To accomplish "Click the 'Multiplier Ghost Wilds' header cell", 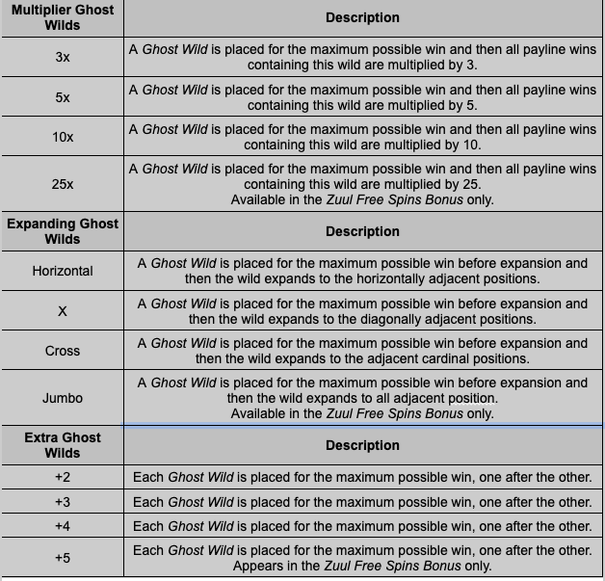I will tap(63, 17).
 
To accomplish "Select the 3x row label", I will tap(63, 58).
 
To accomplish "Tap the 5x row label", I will tap(63, 97).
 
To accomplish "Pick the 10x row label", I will tap(63, 137).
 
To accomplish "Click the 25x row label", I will tap(63, 184).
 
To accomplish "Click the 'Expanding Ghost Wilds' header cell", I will tap(63, 231).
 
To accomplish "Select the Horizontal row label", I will tap(63, 271).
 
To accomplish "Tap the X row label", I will tap(63, 311).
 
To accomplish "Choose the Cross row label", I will tap(63, 351).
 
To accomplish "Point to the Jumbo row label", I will tap(63, 398).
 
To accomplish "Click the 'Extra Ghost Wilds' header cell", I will tap(63, 445).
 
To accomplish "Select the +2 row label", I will tap(63, 477).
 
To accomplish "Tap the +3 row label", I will tap(63, 502).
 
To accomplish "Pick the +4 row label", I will tap(63, 526).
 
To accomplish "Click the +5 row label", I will tap(63, 558).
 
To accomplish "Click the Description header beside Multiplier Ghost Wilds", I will tap(362, 17).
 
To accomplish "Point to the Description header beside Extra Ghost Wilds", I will tap(362, 445).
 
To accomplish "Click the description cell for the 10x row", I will tap(362, 137).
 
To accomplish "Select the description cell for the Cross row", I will tap(362, 351).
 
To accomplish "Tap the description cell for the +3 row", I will tap(362, 502).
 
